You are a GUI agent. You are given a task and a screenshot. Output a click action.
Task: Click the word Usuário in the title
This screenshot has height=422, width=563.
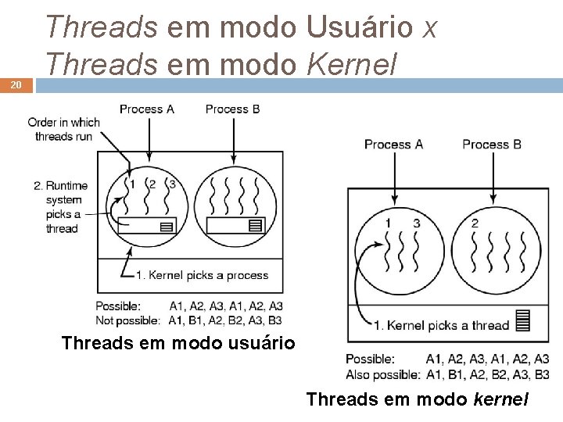[x=360, y=28]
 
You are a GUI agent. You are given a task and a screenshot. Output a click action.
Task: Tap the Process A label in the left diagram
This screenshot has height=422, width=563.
[x=146, y=109]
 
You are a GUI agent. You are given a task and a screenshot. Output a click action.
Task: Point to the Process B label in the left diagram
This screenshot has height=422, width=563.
[x=232, y=109]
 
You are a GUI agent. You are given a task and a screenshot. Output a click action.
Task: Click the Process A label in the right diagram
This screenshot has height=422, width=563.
[x=393, y=145]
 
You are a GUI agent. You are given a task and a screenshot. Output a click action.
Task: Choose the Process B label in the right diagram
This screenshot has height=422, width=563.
[x=491, y=145]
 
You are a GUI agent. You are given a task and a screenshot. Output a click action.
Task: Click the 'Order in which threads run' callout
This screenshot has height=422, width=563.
[x=63, y=129]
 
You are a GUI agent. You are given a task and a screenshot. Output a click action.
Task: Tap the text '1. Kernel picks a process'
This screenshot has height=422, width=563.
[x=202, y=275]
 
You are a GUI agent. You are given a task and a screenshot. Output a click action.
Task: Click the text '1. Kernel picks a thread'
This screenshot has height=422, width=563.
[x=441, y=325]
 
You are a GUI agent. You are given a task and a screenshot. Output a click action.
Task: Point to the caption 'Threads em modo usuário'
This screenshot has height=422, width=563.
[x=178, y=343]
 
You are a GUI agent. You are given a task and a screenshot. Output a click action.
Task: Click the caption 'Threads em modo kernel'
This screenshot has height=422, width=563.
[x=418, y=400]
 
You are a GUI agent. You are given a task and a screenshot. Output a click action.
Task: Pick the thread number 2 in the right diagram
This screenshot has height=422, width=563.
[x=475, y=224]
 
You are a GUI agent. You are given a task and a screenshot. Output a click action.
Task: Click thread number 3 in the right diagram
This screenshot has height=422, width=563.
[x=417, y=224]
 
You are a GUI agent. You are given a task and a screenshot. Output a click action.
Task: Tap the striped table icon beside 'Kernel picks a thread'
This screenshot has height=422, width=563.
[x=523, y=320]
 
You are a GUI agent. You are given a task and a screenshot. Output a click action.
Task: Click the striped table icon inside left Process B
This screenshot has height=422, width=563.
[x=254, y=226]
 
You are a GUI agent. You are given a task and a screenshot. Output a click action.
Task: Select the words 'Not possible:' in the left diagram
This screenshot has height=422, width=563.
[x=127, y=320]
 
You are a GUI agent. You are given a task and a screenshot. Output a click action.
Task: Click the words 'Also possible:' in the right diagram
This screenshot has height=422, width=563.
[x=382, y=374]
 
